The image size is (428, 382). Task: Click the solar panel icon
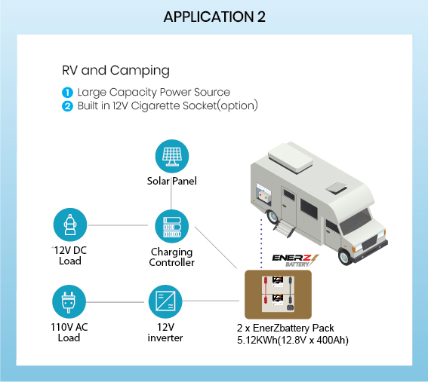tap(172, 157)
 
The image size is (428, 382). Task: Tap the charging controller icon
tap(171, 227)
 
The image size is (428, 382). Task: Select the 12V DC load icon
tap(70, 225)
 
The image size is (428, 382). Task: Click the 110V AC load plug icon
tap(69, 301)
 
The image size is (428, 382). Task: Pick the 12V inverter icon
tap(165, 301)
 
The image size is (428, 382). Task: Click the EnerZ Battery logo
tap(295, 260)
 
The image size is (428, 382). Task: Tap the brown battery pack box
tap(278, 295)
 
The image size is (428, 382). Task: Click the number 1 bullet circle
tap(67, 93)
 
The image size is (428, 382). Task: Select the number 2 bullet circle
tap(67, 106)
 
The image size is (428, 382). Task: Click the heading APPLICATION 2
tap(214, 17)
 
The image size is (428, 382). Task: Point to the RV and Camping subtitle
tap(115, 71)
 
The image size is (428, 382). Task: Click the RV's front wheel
tap(345, 256)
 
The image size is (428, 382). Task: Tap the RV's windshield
tap(356, 222)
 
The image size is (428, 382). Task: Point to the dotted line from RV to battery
tap(261, 243)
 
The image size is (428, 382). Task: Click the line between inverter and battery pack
tap(211, 301)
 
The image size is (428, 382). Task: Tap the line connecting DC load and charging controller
tap(118, 225)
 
